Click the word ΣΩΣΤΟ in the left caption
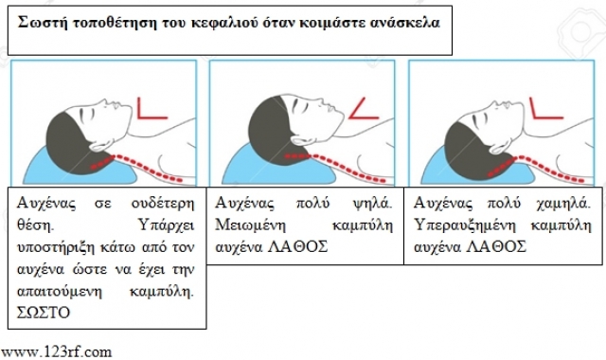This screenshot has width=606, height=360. point(44,312)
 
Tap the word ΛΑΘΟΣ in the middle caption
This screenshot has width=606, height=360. point(298,246)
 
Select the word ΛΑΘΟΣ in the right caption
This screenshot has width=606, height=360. point(496,246)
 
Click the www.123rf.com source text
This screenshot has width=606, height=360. point(57,351)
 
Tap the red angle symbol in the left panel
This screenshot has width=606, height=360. point(151,108)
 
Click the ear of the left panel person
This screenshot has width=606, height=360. point(101,145)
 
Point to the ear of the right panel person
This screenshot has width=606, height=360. point(501,146)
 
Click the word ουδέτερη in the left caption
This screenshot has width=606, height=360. point(163,203)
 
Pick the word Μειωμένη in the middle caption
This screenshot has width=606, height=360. point(250,225)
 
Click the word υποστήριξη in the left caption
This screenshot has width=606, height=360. point(56,247)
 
